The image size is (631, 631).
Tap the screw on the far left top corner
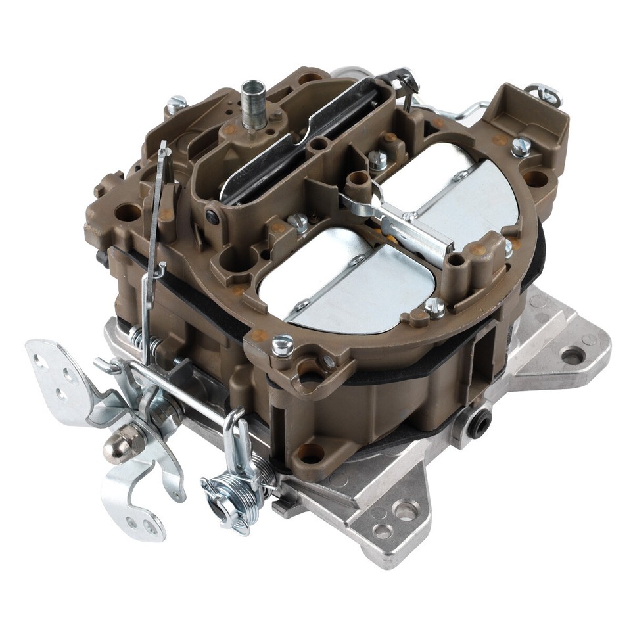pyautogui.click(x=175, y=104)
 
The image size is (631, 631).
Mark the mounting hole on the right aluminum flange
pyautogui.click(x=573, y=356)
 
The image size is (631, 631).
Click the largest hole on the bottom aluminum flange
pyautogui.click(x=406, y=509)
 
